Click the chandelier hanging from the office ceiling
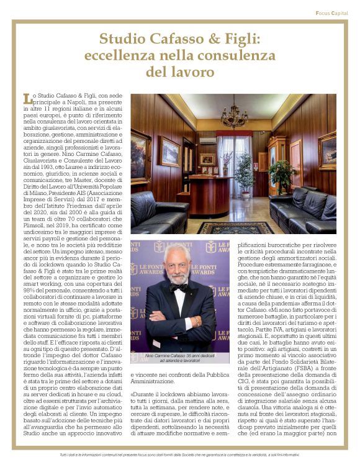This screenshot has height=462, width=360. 234,115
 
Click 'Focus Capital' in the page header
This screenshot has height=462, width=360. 331,12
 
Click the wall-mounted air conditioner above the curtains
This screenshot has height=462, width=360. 208,140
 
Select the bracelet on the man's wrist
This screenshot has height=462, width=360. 197,321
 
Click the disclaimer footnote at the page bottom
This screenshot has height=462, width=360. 179,455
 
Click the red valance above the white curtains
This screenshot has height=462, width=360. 234,134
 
